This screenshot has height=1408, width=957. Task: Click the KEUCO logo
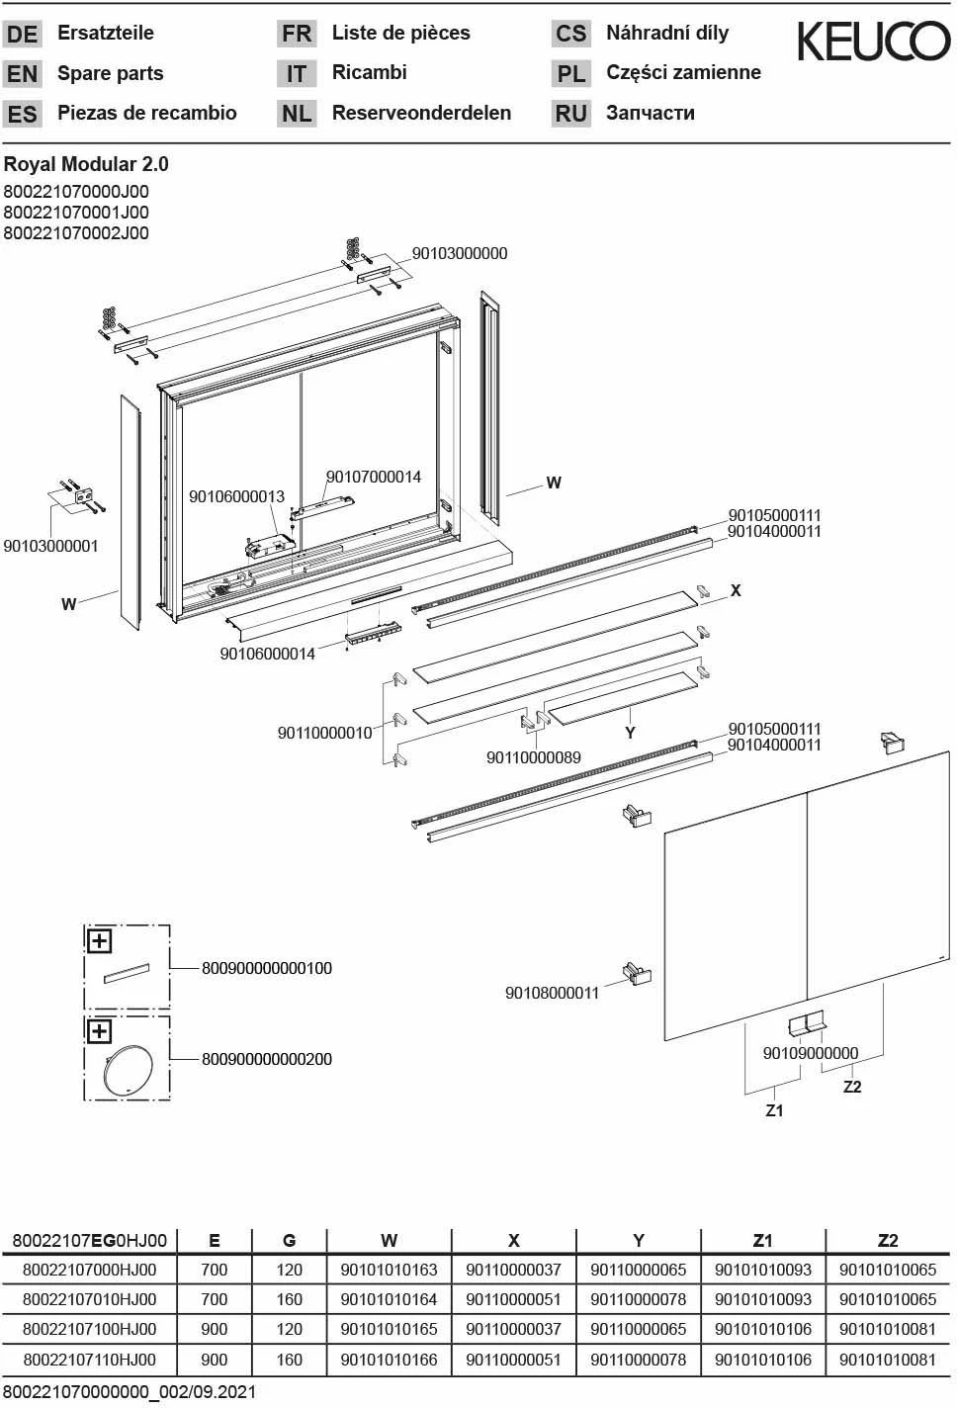pos(873,42)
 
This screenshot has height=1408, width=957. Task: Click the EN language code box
pos(22,74)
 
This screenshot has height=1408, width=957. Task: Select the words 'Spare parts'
pos(110,73)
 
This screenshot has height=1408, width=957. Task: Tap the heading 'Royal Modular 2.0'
pos(86,164)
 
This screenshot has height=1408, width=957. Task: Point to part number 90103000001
pos(50,546)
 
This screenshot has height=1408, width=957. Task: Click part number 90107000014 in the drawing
pos(373,477)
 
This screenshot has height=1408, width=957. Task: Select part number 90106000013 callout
pos(236,496)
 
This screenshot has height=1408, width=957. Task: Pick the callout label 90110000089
pos(533,757)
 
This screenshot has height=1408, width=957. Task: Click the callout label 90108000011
pos(552,993)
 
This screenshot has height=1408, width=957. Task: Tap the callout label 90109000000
pos(810,1053)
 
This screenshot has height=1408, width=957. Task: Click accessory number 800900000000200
pos(267,1059)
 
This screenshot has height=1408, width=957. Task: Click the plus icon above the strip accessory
pos(99,940)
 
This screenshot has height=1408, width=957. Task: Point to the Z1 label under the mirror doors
pos(774,1110)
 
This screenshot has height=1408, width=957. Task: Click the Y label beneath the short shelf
pos(630,733)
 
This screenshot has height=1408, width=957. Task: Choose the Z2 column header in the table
pos(887,1240)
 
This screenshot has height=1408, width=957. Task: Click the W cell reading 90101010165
pos(389,1329)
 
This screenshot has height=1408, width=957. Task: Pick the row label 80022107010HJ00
pos(89,1299)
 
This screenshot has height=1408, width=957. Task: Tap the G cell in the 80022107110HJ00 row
pos(289,1360)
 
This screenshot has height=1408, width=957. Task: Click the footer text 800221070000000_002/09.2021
pos(130,1392)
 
